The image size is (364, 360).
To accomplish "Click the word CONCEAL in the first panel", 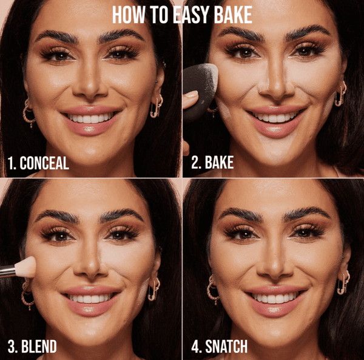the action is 44,163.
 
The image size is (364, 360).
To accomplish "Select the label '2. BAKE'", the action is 212,162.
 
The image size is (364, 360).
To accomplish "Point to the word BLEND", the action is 39,346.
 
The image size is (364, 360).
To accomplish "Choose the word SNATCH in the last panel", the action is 226,346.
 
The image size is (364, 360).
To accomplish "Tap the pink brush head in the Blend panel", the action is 26,267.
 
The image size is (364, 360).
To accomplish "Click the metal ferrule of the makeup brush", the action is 8,271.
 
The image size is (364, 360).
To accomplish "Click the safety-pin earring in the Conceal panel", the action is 156,106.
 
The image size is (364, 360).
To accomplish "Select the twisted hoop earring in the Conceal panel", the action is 29,113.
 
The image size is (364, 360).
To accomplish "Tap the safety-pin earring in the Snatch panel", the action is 343,282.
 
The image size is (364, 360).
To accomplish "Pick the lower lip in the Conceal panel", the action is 90,127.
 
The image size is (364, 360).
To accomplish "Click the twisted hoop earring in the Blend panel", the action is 27,296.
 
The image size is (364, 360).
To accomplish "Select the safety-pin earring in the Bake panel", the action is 340,93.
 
